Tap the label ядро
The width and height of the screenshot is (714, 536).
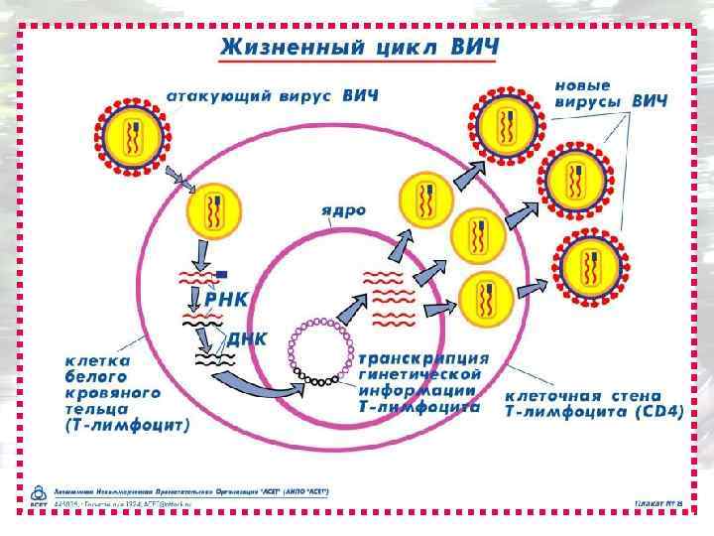click(343, 210)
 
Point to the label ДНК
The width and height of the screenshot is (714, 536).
click(247, 337)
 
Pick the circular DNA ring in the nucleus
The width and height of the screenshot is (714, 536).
click(320, 351)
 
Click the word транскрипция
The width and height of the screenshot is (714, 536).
click(423, 357)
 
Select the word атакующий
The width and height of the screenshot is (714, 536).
click(224, 96)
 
